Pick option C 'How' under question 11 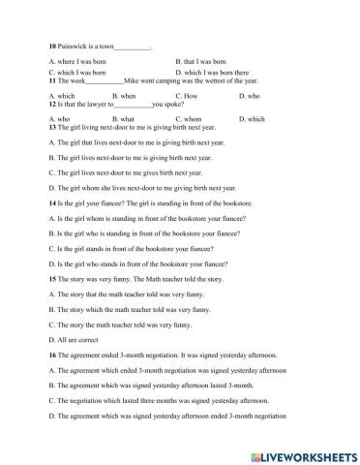click(x=190, y=97)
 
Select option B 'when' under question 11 click(x=125, y=97)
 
